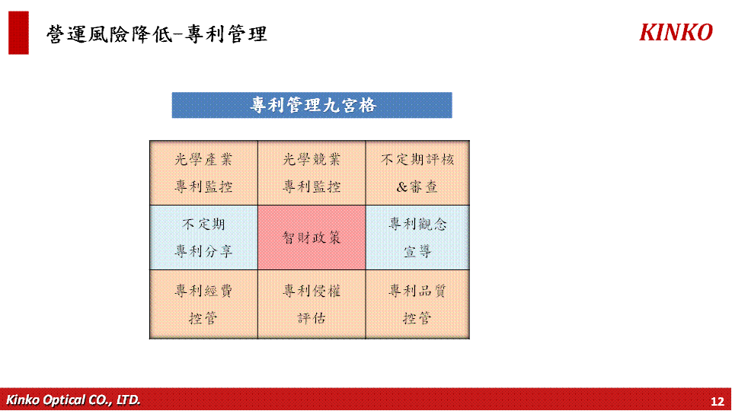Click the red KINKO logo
coord(676,33)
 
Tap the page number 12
coord(717,401)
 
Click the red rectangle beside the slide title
coord(19,33)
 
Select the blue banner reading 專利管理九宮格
coord(312,105)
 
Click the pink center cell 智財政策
coord(312,237)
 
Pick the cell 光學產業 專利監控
coord(203,173)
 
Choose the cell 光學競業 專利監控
coord(312,173)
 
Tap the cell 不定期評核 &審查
coord(417,173)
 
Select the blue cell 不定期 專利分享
coord(203,237)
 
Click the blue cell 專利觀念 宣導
coord(417,237)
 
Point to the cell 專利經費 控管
coord(203,304)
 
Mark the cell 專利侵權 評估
coord(312,304)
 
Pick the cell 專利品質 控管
coord(417,304)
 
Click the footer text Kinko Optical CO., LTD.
coord(73,400)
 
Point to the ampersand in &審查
coord(402,187)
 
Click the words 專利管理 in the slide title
coord(226,34)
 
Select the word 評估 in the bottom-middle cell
coord(312,318)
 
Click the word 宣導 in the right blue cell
coord(417,252)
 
